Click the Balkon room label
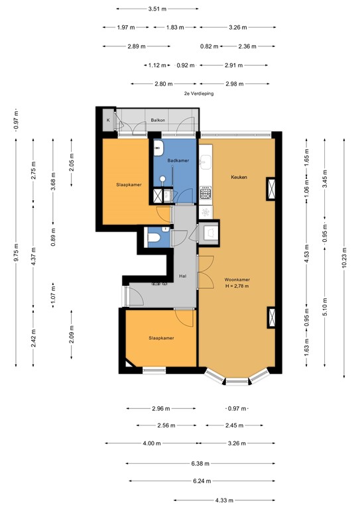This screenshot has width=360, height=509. (157, 120)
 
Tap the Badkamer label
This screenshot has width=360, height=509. (178, 160)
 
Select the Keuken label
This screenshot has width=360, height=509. (239, 177)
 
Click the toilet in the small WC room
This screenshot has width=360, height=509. (154, 238)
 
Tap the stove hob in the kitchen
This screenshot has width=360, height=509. (206, 194)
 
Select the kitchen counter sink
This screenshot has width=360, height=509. (206, 161)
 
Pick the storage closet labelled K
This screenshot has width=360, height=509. (109, 121)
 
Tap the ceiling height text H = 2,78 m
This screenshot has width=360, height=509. (236, 286)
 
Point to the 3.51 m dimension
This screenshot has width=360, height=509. (157, 9)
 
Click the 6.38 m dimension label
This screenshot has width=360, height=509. (198, 463)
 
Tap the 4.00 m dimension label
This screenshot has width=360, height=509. (152, 443)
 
